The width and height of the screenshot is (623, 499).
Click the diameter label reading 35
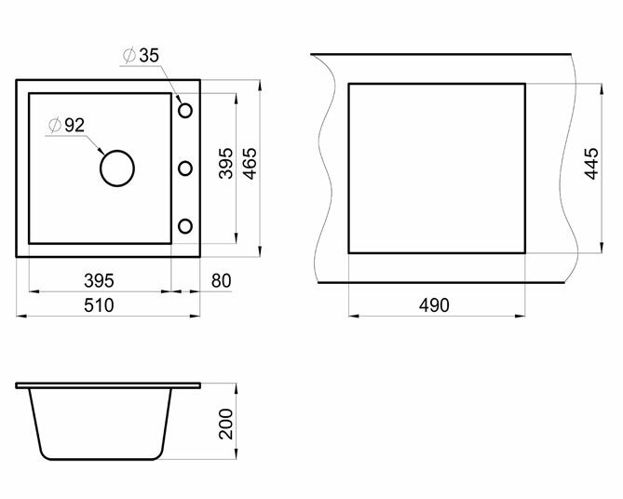tap(149, 55)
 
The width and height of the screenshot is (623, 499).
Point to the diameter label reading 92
tap(74, 125)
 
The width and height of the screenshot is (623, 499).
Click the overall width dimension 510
tap(99, 305)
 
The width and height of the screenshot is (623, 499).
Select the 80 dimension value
tap(221, 281)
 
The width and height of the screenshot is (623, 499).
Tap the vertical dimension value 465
tap(251, 164)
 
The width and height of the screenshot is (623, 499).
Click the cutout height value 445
tap(591, 164)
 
